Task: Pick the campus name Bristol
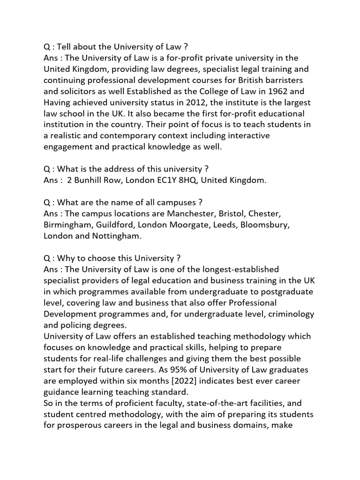click(x=232, y=214)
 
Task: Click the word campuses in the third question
click(x=180, y=202)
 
